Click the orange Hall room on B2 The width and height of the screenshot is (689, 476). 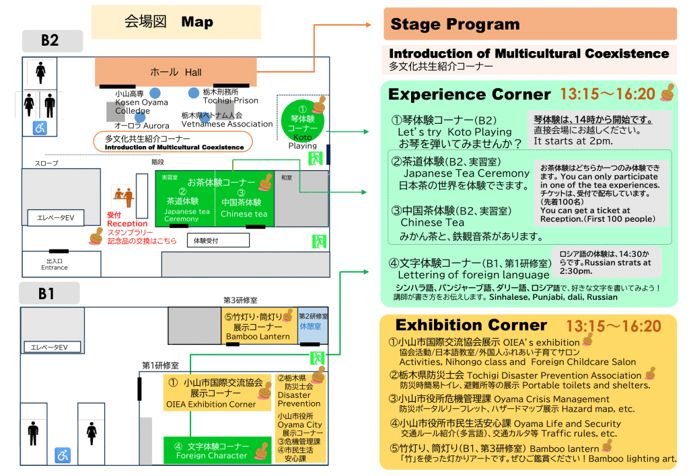(175, 71)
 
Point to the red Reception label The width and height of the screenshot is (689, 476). (126, 223)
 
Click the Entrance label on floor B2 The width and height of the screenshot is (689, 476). (55, 267)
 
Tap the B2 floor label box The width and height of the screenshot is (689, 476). (51, 40)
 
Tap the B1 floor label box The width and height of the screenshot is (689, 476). (48, 292)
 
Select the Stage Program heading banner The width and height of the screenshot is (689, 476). (530, 24)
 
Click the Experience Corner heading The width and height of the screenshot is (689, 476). (470, 94)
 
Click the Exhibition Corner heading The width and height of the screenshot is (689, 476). (471, 325)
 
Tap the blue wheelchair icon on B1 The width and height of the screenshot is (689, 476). (63, 455)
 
